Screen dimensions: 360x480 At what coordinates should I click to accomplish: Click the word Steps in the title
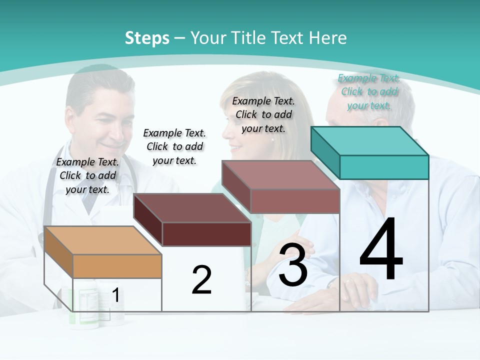(x=147, y=38)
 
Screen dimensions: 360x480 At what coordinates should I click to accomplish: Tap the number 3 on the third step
(x=293, y=265)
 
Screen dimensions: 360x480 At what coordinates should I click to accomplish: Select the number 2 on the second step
(x=201, y=280)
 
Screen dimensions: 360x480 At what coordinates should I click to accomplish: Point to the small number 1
(x=115, y=295)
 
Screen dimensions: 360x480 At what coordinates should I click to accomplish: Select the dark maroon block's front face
(x=206, y=234)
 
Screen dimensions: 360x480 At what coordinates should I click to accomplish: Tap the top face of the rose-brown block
(x=280, y=175)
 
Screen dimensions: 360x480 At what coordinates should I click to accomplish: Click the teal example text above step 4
(x=369, y=92)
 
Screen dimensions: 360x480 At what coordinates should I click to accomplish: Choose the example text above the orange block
(x=88, y=175)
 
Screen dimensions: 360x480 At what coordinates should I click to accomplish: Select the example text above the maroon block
(x=174, y=146)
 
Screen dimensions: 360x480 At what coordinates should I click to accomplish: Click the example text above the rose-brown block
(x=263, y=114)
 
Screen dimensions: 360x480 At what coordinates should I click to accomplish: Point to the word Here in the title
(x=328, y=38)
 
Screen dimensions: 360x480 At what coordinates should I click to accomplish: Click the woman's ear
(x=273, y=140)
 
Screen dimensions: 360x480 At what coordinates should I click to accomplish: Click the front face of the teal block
(x=384, y=167)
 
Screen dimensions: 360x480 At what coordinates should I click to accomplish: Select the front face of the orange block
(x=117, y=266)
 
